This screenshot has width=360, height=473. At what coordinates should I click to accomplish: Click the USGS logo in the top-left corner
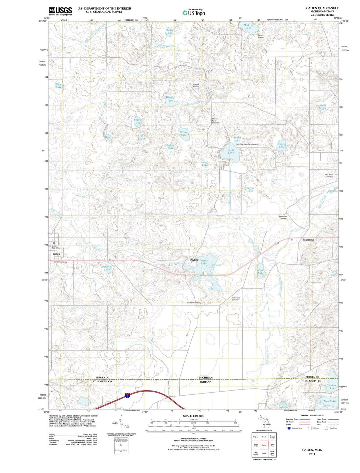[60, 11]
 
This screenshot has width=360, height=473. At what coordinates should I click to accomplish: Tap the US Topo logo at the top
[194, 13]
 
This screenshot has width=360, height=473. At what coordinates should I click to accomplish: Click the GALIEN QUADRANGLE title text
[322, 8]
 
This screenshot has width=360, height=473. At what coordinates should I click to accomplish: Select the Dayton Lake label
[204, 262]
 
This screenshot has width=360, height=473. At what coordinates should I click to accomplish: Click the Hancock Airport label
[196, 85]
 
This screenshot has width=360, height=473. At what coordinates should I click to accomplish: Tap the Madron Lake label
[248, 26]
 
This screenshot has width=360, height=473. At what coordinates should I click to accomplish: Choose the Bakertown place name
[308, 240]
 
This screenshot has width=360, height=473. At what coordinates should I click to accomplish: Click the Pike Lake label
[261, 271]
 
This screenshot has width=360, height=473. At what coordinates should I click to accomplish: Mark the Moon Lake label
[323, 107]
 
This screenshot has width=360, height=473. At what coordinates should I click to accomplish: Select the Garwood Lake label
[107, 268]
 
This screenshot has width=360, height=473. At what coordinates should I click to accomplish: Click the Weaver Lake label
[282, 145]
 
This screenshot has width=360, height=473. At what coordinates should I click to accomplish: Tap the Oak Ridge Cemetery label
[329, 175]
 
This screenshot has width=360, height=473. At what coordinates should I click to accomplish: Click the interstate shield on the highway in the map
[127, 395]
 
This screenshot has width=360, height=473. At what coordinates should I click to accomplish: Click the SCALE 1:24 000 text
[193, 416]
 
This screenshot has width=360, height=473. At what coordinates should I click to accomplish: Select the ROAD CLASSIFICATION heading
[312, 415]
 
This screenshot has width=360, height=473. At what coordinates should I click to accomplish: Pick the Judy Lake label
[169, 31]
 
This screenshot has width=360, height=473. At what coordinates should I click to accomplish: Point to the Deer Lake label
[283, 405]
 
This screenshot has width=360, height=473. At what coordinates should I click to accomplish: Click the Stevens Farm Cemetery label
[216, 120]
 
